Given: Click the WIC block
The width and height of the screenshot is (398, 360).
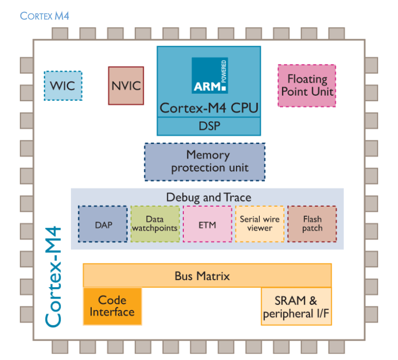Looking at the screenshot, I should coord(62,86).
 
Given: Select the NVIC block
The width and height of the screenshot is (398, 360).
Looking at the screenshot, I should coord(126,86).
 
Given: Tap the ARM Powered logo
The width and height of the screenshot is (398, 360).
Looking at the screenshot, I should coord(209,75).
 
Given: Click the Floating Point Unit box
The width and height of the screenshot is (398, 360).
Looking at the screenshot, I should coord(307,85).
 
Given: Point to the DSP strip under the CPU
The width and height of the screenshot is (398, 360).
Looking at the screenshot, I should coord(209,126).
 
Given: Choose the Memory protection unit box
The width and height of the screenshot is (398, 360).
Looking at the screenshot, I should coord(205,162).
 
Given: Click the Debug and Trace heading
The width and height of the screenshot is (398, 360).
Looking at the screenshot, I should coord(208,197).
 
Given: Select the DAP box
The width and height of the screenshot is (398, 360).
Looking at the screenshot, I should coord(103,224).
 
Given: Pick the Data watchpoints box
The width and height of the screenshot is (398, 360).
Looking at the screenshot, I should coord(155,224).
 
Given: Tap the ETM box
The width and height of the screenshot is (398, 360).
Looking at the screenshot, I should coord(207,224).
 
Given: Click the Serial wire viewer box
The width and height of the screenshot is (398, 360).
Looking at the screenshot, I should coord(259,224).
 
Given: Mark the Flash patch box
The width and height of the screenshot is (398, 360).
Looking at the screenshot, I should coord(312,224).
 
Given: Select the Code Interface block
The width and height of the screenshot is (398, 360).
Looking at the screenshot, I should coord(112,306).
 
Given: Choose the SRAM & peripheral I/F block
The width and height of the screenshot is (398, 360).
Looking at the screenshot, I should coord(296,307).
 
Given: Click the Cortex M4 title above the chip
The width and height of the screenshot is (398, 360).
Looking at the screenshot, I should coord(45,16).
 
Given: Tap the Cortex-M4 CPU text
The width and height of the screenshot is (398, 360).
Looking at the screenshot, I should coord(209,108).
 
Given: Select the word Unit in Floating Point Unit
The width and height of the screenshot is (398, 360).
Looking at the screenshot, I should coord(322,92).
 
